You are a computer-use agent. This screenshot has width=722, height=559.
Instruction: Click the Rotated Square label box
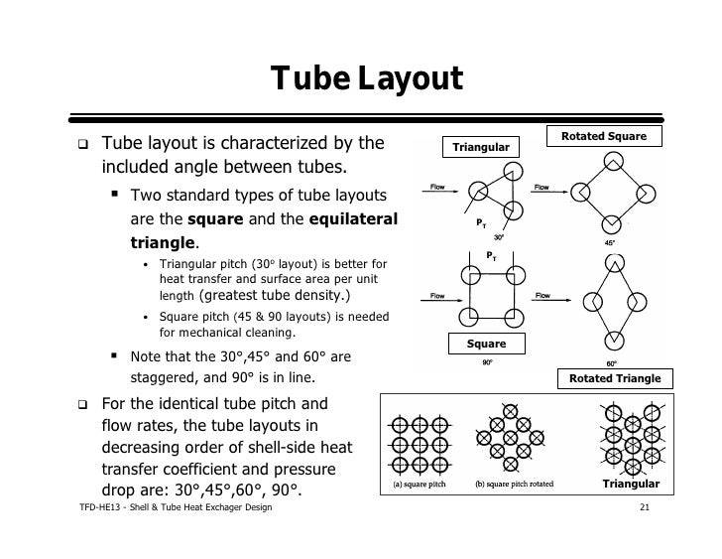tap(604, 135)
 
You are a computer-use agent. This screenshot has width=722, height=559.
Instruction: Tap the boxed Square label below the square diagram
tap(486, 344)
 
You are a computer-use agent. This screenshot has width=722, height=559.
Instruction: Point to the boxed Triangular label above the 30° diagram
tap(481, 148)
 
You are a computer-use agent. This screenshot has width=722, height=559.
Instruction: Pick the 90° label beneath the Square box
tap(487, 363)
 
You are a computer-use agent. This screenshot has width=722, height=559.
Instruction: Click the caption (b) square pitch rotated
tap(514, 486)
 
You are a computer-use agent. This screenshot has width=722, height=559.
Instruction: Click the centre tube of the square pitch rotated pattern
tap(512, 437)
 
